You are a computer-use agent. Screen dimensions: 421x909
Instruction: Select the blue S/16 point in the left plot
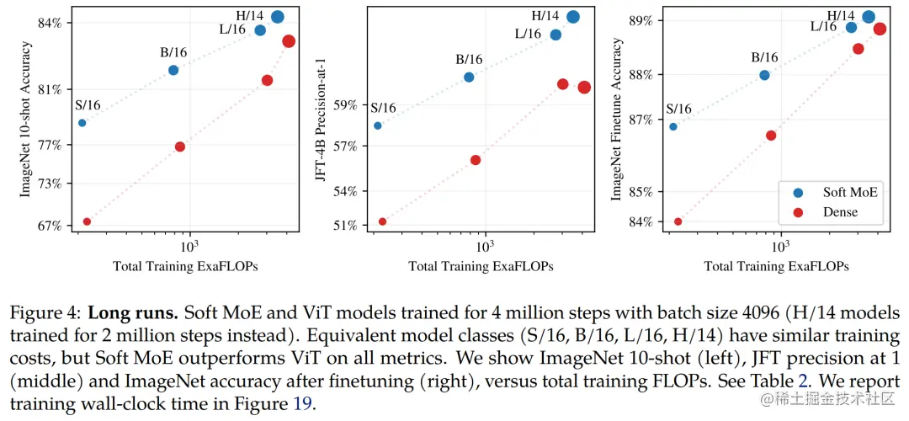pos(82,123)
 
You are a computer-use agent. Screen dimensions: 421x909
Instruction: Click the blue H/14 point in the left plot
pos(278,17)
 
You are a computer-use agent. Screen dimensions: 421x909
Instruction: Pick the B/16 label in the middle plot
pos(469,59)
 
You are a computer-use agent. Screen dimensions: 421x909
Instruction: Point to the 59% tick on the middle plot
pos(345,105)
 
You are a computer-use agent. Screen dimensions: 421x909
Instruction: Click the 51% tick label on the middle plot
pos(345,226)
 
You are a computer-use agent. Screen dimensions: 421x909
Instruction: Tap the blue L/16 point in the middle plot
pos(555,35)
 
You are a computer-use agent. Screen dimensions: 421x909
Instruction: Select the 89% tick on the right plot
pos(642,20)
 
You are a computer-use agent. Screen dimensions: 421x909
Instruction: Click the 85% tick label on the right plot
pos(642,192)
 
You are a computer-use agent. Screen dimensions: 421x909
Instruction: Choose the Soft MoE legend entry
pos(850,192)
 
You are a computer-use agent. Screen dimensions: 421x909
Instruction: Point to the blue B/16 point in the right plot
pos(764,75)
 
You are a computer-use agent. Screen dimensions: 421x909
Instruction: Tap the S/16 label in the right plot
pos(678,109)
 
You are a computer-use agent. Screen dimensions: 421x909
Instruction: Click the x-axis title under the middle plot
pos(481,266)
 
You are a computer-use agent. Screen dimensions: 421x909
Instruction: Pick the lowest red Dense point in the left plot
pos(87,221)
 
